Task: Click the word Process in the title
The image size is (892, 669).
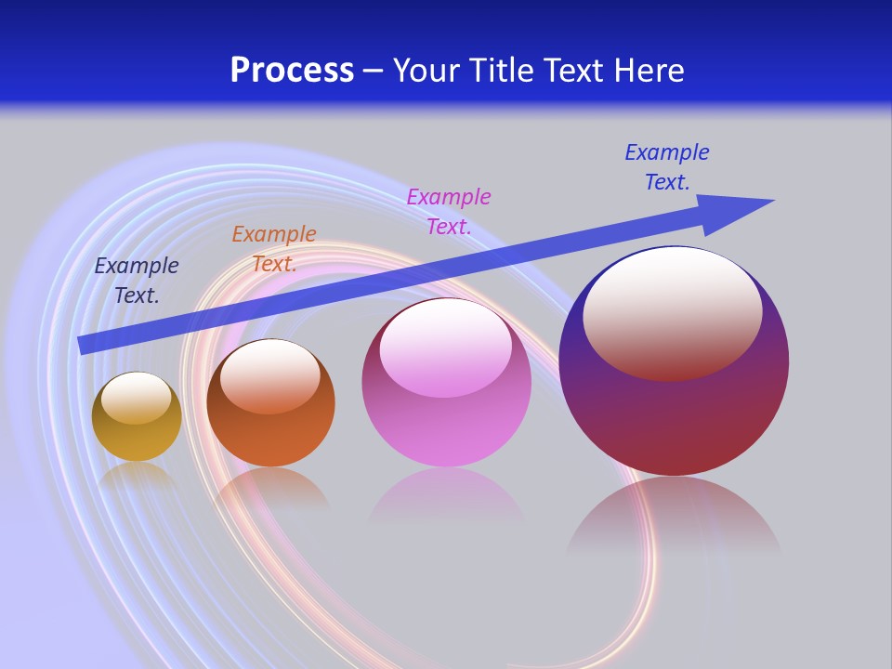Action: [292, 71]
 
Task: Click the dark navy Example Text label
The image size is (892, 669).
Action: [137, 280]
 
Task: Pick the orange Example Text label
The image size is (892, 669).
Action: [274, 248]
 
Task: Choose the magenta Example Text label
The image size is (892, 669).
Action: [449, 211]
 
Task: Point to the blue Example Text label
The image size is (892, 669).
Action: [667, 166]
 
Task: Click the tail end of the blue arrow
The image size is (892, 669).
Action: [84, 344]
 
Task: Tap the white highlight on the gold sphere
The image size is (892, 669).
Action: [136, 398]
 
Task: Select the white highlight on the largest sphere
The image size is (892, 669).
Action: [672, 312]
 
